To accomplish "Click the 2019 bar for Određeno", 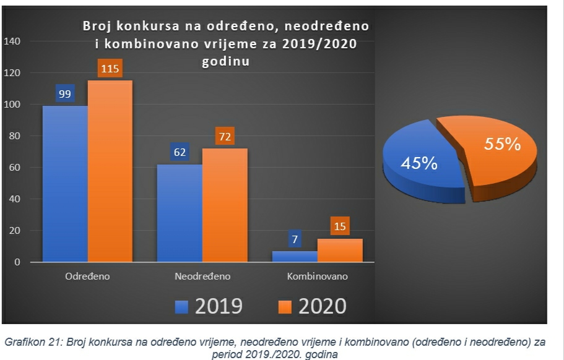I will (65, 186).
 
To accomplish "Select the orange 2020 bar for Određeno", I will (110, 173).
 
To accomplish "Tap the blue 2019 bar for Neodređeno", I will (180, 213).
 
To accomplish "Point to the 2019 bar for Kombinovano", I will (295, 256).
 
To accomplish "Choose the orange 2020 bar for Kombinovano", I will (340, 250).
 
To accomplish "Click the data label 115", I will (110, 69).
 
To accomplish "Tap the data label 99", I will (65, 94).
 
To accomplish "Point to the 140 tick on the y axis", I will (12, 41).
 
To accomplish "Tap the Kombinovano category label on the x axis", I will (318, 276).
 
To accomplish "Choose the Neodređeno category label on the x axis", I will (202, 276).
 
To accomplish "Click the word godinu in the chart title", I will (226, 62).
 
